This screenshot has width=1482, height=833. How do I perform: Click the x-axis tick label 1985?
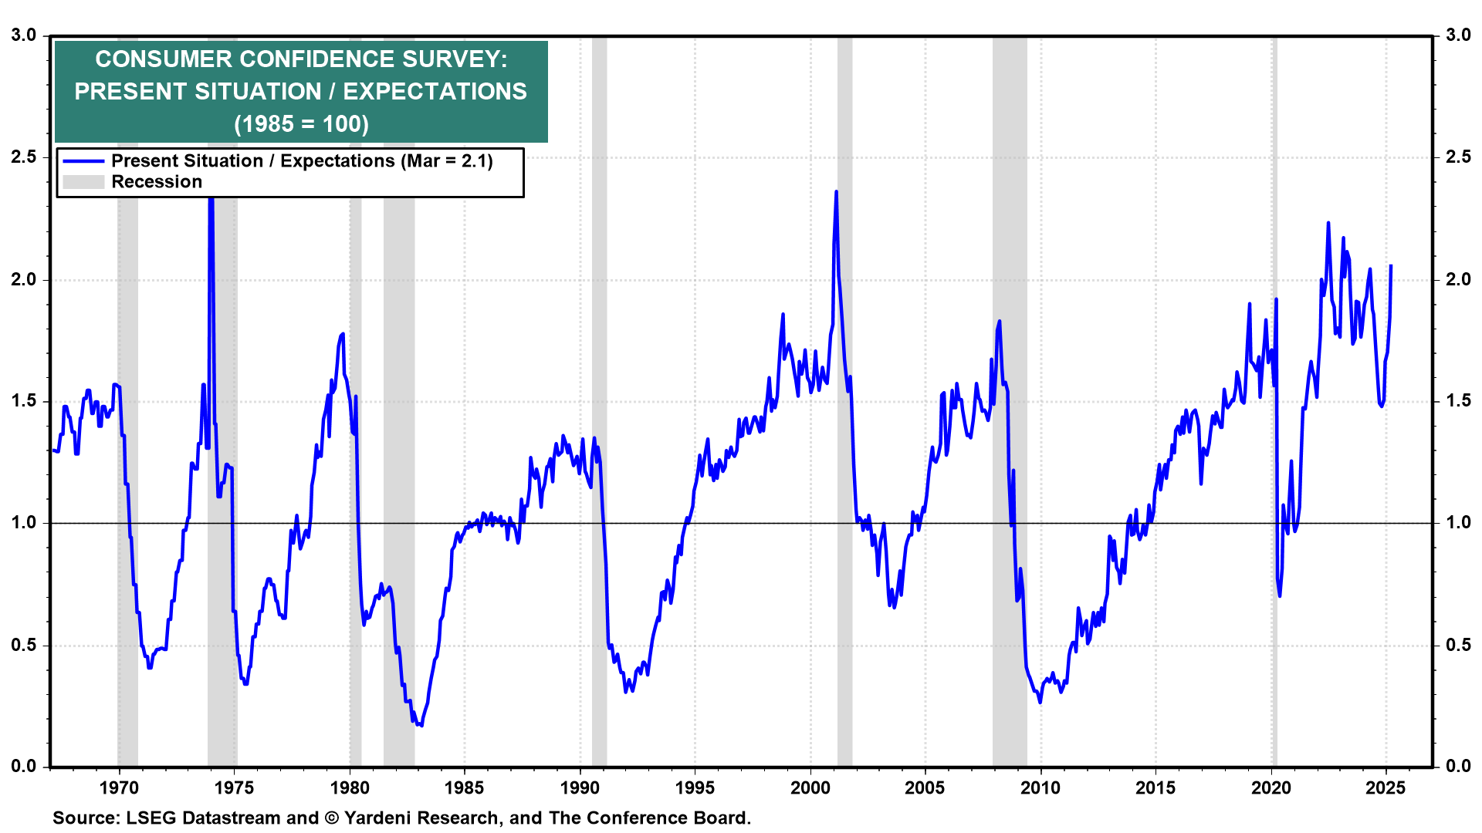464,787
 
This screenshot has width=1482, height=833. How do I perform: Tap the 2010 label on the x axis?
1040,787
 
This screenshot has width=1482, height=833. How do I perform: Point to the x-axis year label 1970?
119,787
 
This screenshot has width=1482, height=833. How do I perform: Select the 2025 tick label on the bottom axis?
1386,787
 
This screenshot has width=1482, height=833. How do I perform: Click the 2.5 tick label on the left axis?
24,157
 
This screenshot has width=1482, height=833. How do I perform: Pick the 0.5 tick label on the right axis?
1458,645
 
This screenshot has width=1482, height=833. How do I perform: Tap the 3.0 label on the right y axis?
1458,35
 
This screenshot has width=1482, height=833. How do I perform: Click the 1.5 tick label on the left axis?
24,401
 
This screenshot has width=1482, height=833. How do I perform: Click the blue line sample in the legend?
83,161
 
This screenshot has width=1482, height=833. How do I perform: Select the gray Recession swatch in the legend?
83,182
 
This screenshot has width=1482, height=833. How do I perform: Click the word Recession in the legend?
157,182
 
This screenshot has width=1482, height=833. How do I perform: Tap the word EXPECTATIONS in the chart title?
435,92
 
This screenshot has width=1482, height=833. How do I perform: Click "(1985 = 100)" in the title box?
301,124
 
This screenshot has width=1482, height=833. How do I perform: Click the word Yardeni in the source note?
379,818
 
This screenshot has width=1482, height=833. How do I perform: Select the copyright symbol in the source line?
332,818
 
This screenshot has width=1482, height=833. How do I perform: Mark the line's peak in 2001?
836,191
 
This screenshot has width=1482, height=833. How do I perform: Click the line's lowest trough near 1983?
421,725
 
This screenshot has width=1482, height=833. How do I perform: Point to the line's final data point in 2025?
1391,266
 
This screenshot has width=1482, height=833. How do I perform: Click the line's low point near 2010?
1040,702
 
